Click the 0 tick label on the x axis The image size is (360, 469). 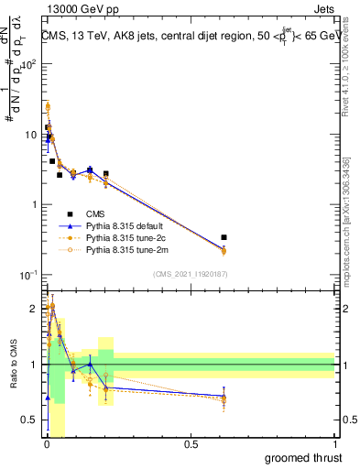click(46, 443)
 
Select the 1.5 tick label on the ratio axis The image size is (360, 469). click(30, 336)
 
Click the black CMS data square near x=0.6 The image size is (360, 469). click(224, 237)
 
